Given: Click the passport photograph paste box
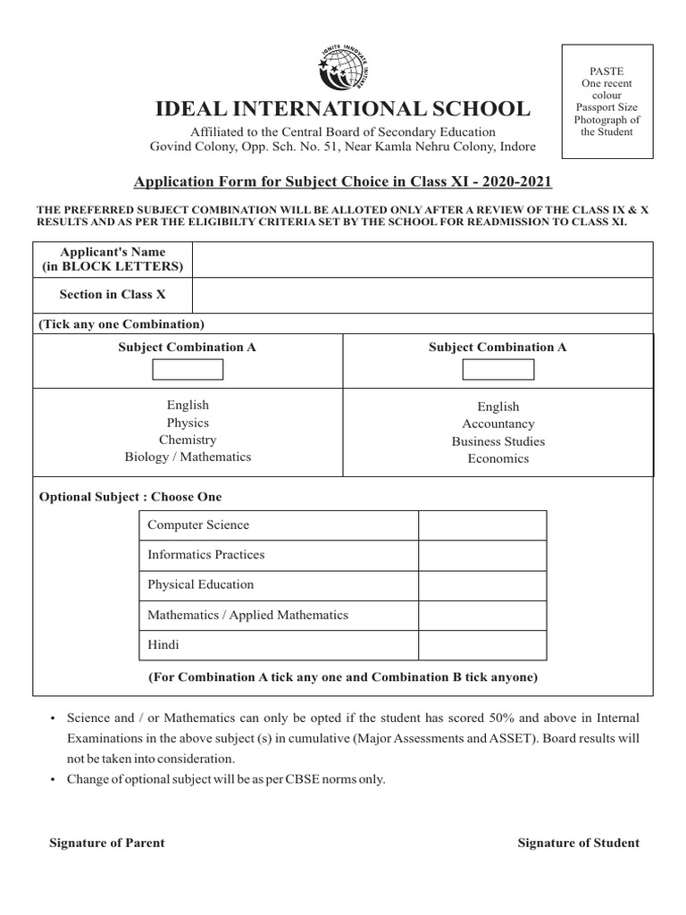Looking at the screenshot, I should [x=607, y=101].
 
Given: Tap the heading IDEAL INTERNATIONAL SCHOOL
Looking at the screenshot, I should [x=342, y=110].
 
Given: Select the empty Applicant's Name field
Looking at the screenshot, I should [x=422, y=260].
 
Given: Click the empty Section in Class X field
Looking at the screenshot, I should [x=422, y=294].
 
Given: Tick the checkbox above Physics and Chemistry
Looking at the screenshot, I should [x=188, y=368].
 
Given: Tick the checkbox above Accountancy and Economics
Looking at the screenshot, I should [x=498, y=369].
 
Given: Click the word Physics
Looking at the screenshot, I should [x=188, y=423].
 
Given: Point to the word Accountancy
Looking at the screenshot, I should [x=498, y=424].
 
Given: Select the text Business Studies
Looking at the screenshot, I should [x=498, y=441].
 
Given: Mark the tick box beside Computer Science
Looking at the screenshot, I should [x=482, y=525].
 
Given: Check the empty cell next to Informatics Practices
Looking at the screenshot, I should [x=482, y=556].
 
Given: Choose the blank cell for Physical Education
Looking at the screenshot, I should [x=482, y=585].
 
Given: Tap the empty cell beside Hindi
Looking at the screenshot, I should [x=482, y=645].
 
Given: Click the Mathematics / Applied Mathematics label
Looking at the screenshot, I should [x=247, y=615].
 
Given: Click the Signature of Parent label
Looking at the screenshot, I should [x=106, y=843].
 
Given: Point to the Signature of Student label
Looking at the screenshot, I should [x=578, y=843].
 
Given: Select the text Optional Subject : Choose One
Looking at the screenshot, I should [x=130, y=497].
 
